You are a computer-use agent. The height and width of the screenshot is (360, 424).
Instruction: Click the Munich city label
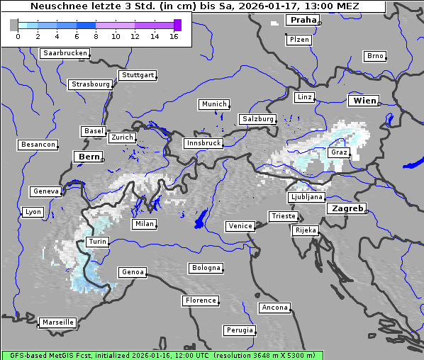[214, 104]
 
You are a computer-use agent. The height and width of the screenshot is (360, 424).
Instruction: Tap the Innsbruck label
[203, 143]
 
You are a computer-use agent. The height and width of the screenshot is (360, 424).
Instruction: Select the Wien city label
[364, 101]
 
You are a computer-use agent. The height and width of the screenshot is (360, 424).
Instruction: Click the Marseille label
[57, 322]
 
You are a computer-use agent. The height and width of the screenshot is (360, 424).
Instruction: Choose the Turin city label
[97, 242]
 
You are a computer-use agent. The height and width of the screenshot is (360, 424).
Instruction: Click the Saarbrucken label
[65, 53]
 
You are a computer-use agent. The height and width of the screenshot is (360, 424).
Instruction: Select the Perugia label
[240, 330]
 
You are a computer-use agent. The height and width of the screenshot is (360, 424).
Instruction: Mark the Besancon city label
[38, 145]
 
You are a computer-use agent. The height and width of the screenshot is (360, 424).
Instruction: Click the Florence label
[201, 300]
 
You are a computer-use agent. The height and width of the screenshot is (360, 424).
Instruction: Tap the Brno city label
[375, 56]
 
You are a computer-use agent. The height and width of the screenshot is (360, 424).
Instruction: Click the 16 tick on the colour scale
[173, 36]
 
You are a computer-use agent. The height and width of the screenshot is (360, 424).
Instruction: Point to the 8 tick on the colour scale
[96, 36]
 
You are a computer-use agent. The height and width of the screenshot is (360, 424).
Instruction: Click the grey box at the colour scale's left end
[14, 25]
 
